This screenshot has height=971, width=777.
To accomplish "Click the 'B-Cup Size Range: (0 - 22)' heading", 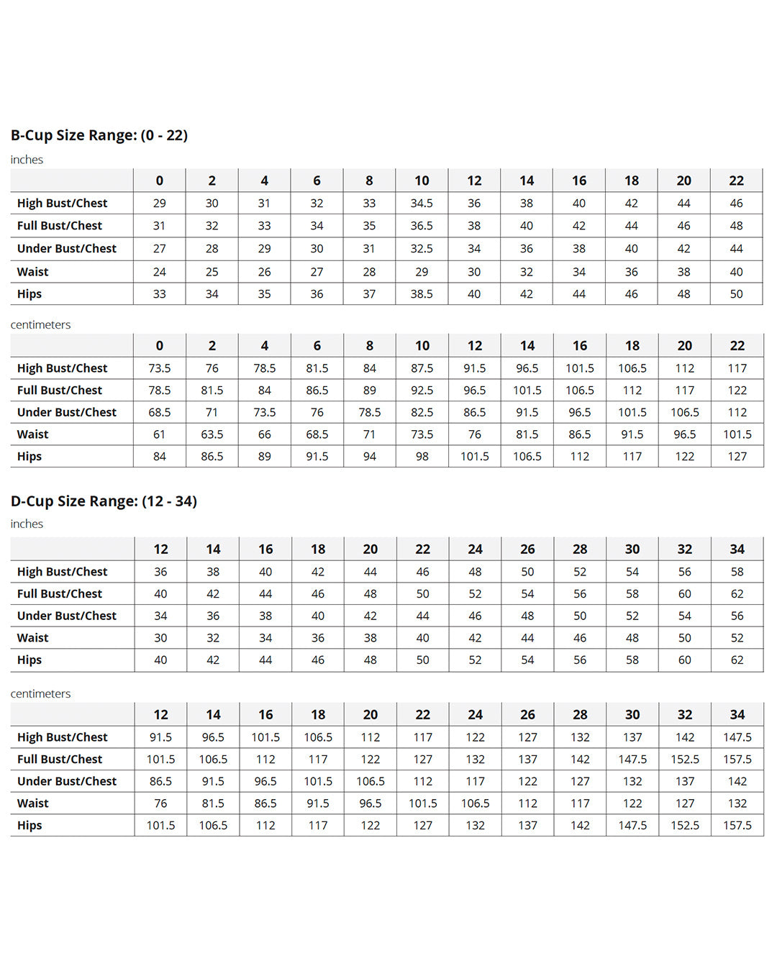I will [99, 135].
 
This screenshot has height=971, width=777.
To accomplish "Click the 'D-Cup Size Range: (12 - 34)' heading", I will [104, 501].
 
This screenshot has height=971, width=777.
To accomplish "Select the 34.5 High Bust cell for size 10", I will [422, 204].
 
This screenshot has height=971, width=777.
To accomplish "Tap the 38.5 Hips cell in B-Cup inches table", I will [422, 294].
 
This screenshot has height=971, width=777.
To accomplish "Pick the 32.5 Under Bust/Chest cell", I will [422, 249].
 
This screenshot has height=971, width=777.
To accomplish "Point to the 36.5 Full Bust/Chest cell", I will [422, 226].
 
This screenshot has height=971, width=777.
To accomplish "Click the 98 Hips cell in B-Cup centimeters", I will [422, 457].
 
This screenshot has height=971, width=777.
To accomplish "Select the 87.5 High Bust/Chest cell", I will [422, 368].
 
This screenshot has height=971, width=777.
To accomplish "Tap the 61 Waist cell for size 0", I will [159, 434].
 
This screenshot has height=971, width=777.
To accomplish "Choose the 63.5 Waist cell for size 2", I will [212, 434].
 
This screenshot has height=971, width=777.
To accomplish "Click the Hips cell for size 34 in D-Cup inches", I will [737, 660].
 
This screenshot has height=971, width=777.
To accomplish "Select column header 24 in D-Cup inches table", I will [475, 550].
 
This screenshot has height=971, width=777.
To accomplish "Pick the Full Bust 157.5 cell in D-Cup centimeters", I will [737, 760].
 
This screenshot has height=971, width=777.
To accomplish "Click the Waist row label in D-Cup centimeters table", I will [33, 803].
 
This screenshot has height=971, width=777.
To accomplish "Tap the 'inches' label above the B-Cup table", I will [27, 160].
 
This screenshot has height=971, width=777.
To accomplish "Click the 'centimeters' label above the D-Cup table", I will [40, 694].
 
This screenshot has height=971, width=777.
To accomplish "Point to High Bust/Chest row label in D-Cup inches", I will [62, 572].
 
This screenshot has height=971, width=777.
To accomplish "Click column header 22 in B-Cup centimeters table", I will [737, 346].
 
